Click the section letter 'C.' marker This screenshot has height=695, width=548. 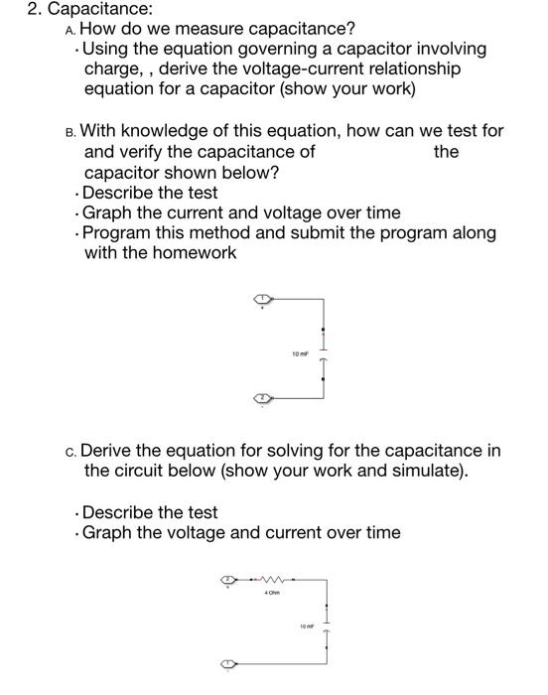67,451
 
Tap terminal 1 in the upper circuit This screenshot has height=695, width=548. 264,298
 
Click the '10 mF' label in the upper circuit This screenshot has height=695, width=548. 300,353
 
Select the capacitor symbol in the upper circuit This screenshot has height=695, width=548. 323,354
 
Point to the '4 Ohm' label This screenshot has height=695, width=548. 271,593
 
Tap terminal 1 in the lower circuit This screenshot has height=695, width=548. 228,664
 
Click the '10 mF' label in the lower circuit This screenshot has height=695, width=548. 307,625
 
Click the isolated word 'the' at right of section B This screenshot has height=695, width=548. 446,151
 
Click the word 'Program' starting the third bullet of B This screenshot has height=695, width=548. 118,232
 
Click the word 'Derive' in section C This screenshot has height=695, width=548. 111,451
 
